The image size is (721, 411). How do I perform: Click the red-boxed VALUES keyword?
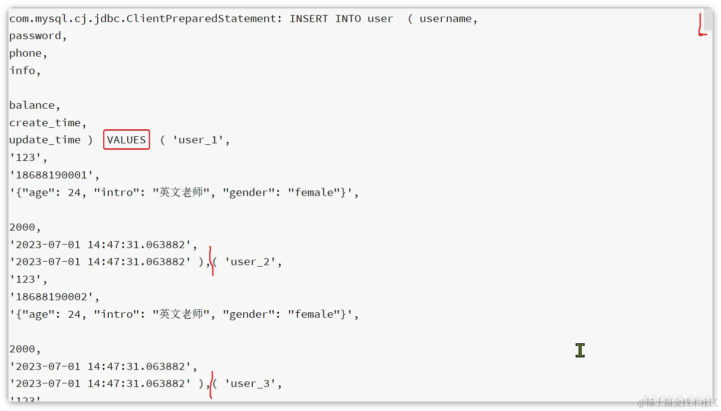pyautogui.click(x=126, y=140)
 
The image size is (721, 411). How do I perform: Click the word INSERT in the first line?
pyautogui.click(x=309, y=19)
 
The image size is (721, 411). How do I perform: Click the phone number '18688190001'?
pyautogui.click(x=54, y=175)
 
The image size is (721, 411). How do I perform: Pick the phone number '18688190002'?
pyautogui.click(x=54, y=297)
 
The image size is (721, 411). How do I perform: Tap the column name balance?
pyautogui.click(x=32, y=105)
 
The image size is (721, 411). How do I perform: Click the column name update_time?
pyautogui.click(x=45, y=140)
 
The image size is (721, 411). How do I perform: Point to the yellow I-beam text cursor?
pyautogui.click(x=580, y=350)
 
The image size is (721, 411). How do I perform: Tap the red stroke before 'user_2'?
pyautogui.click(x=212, y=261)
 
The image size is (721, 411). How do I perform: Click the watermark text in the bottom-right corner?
pyautogui.click(x=677, y=402)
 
